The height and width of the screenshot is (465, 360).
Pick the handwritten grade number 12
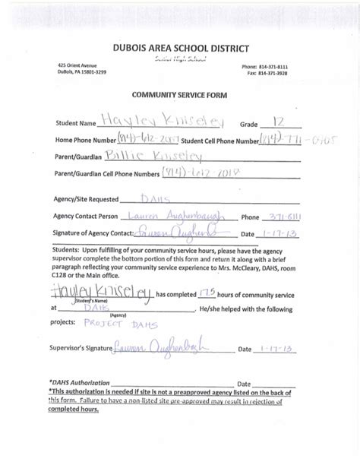(x=279, y=120)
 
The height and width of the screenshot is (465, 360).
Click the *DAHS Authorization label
(x=78, y=384)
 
